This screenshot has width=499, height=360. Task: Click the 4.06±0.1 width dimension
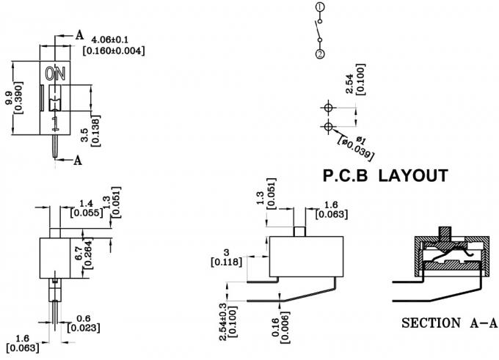(114, 39)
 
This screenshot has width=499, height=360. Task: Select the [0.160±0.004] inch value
(114, 51)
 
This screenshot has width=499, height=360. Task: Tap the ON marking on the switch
(55, 74)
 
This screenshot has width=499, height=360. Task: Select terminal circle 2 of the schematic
(320, 54)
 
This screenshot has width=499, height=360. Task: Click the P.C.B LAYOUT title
(385, 176)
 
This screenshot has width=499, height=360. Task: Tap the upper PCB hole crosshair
(327, 107)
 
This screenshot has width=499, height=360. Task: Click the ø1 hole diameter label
(360, 140)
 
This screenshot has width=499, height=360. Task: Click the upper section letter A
(79, 34)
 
